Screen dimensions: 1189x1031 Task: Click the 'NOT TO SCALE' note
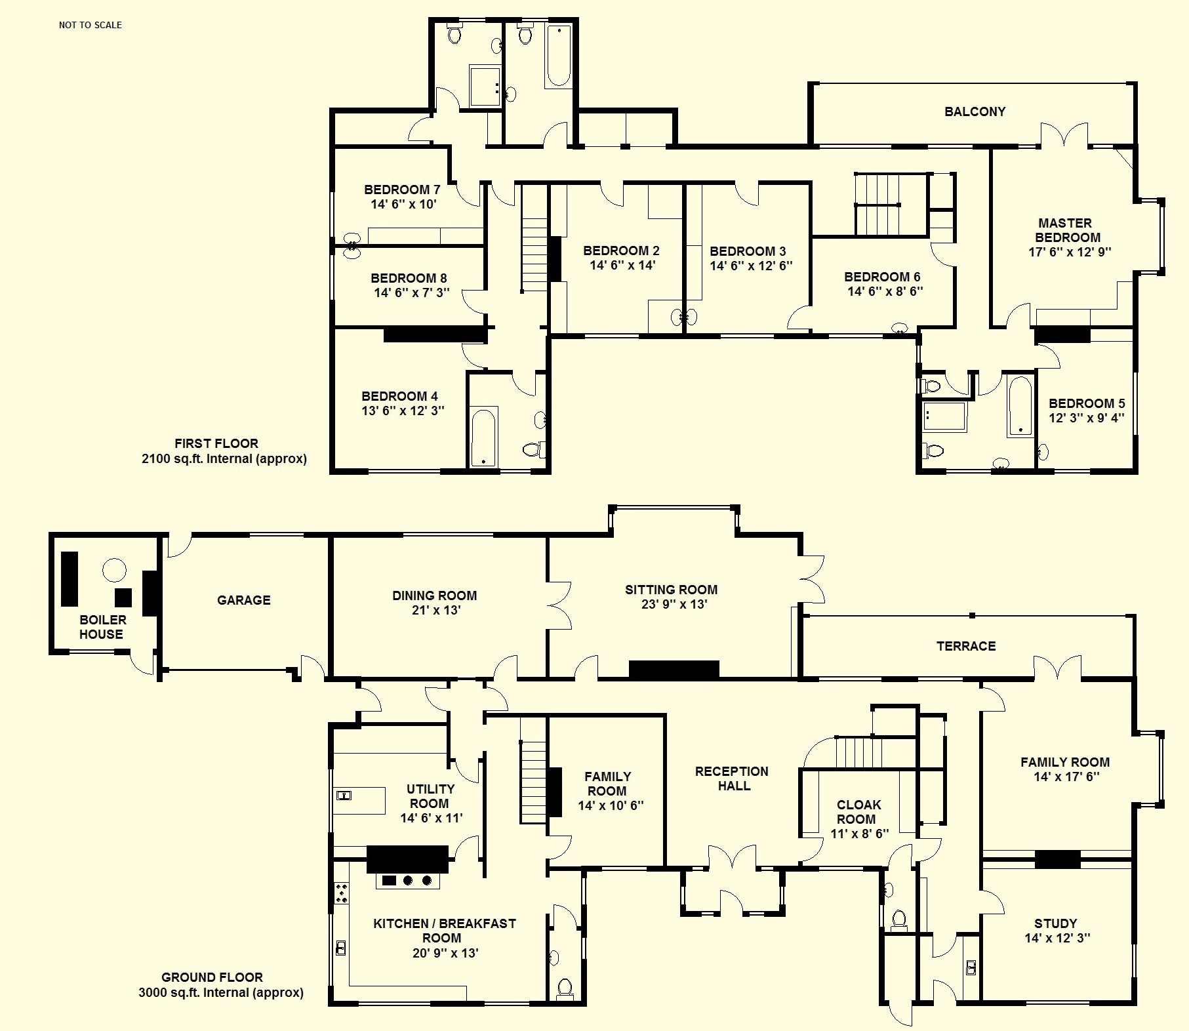pyautogui.click(x=91, y=25)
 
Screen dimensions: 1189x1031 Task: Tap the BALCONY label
pyautogui.click(x=975, y=111)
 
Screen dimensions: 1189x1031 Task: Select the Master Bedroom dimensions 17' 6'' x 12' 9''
pyautogui.click(x=1070, y=252)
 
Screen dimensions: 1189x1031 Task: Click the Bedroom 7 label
pyautogui.click(x=402, y=190)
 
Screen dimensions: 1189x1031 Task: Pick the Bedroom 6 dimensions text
pyautogui.click(x=885, y=291)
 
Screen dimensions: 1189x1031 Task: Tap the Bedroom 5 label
pyautogui.click(x=1087, y=403)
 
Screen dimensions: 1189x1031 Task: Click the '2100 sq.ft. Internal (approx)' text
pyautogui.click(x=224, y=459)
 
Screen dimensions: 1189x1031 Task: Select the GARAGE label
pyautogui.click(x=243, y=600)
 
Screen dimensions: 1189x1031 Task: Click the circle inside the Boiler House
pyautogui.click(x=114, y=570)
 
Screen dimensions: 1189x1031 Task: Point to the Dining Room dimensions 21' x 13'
pyautogui.click(x=434, y=610)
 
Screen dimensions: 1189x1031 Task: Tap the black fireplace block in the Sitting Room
pyautogui.click(x=674, y=669)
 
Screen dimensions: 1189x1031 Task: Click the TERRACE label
pyautogui.click(x=966, y=646)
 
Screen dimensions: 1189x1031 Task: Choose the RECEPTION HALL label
pyautogui.click(x=732, y=778)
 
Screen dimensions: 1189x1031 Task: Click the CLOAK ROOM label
pyautogui.click(x=858, y=812)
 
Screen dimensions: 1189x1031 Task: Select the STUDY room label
pyautogui.click(x=1055, y=923)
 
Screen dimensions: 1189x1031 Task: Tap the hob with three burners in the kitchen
pyautogui.click(x=408, y=880)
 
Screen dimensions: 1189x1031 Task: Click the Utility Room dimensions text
pyautogui.click(x=432, y=818)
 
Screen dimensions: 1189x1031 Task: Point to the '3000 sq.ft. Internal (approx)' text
pyautogui.click(x=221, y=993)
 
